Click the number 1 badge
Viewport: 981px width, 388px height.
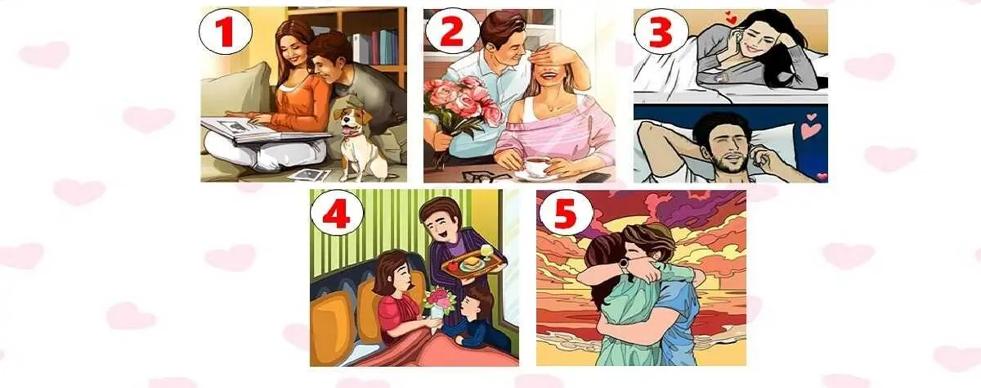click(226, 32)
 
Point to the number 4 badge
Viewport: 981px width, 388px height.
click(334, 214)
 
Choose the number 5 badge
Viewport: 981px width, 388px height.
click(560, 214)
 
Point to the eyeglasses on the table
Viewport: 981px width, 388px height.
click(477, 174)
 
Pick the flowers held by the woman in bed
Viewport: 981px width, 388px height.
click(439, 300)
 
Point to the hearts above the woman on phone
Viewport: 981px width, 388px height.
click(729, 19)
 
